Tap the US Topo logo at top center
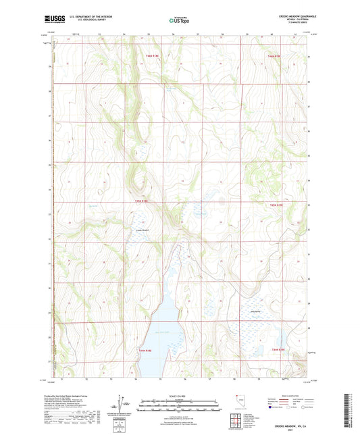coord(179,20)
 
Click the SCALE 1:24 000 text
coord(179,395)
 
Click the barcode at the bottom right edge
coord(351,409)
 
